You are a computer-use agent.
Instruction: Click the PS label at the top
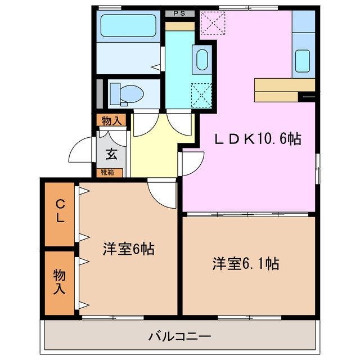179,13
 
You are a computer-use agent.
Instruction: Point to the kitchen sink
303,59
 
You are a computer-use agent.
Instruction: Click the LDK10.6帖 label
257,139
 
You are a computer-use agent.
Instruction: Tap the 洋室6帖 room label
129,249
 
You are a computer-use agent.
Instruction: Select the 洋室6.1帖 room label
246,263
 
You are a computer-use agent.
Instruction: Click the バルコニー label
180,337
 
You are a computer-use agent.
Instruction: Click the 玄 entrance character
112,152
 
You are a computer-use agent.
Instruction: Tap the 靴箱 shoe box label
107,173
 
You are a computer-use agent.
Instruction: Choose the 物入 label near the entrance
111,120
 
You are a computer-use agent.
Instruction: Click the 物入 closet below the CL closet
60,282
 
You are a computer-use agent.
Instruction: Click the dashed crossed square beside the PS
212,23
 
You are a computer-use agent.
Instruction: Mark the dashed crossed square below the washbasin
201,94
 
